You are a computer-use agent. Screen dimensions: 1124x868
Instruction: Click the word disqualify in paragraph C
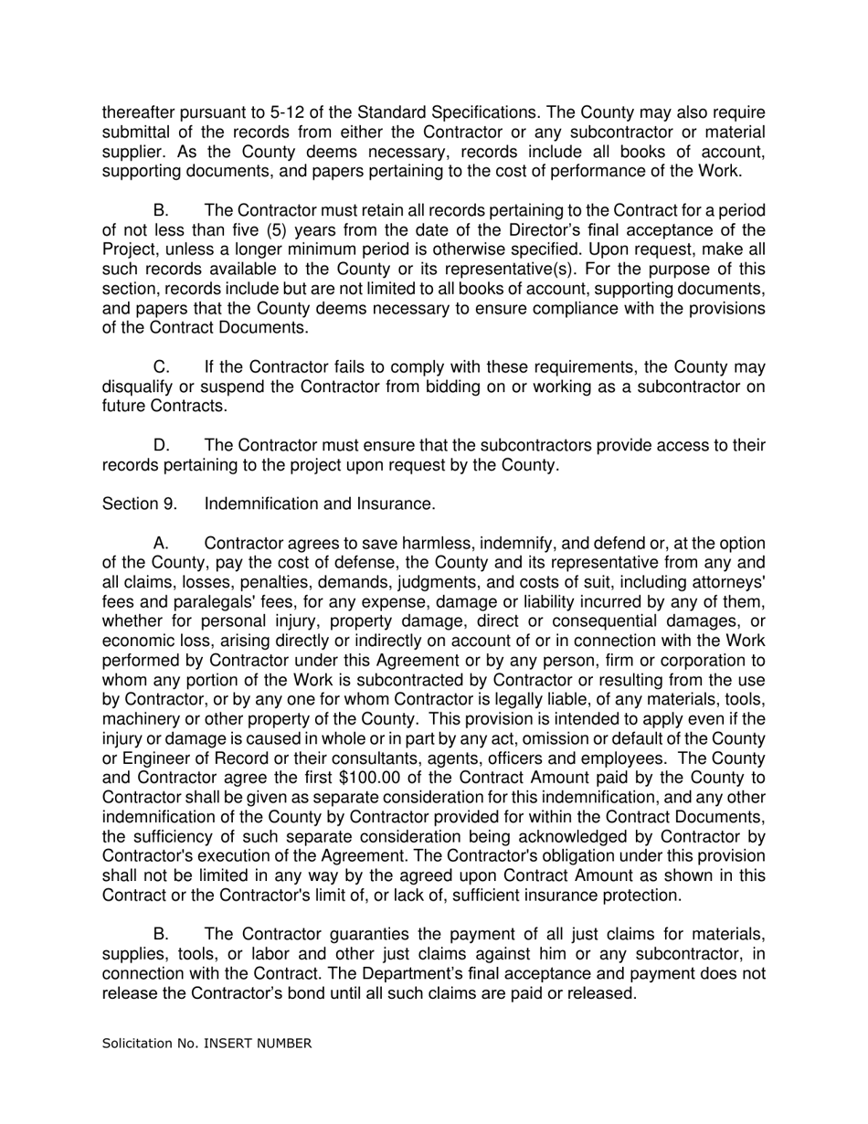pos(136,387)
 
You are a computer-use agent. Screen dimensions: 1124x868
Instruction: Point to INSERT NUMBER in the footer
pos(257,1043)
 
